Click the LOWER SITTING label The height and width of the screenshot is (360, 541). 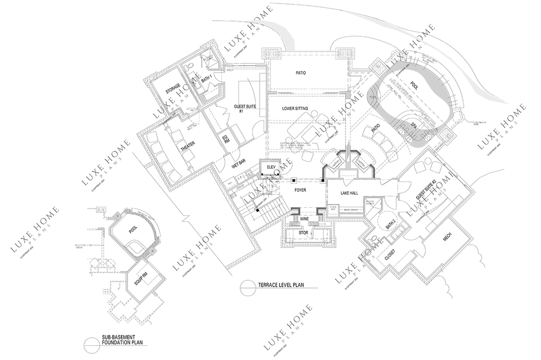point(295,110)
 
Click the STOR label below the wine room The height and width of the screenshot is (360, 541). point(303,233)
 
